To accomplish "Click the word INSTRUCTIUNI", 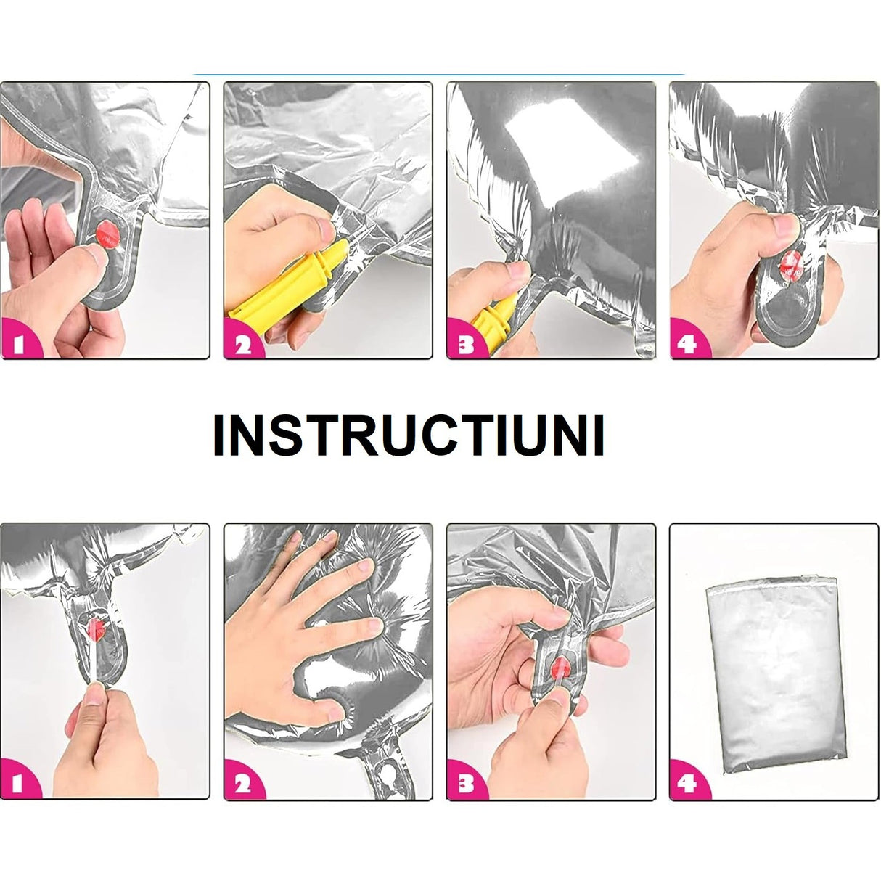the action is click(409, 435).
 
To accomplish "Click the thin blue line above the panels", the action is click(439, 74).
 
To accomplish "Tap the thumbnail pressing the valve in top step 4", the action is click(785, 224).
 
